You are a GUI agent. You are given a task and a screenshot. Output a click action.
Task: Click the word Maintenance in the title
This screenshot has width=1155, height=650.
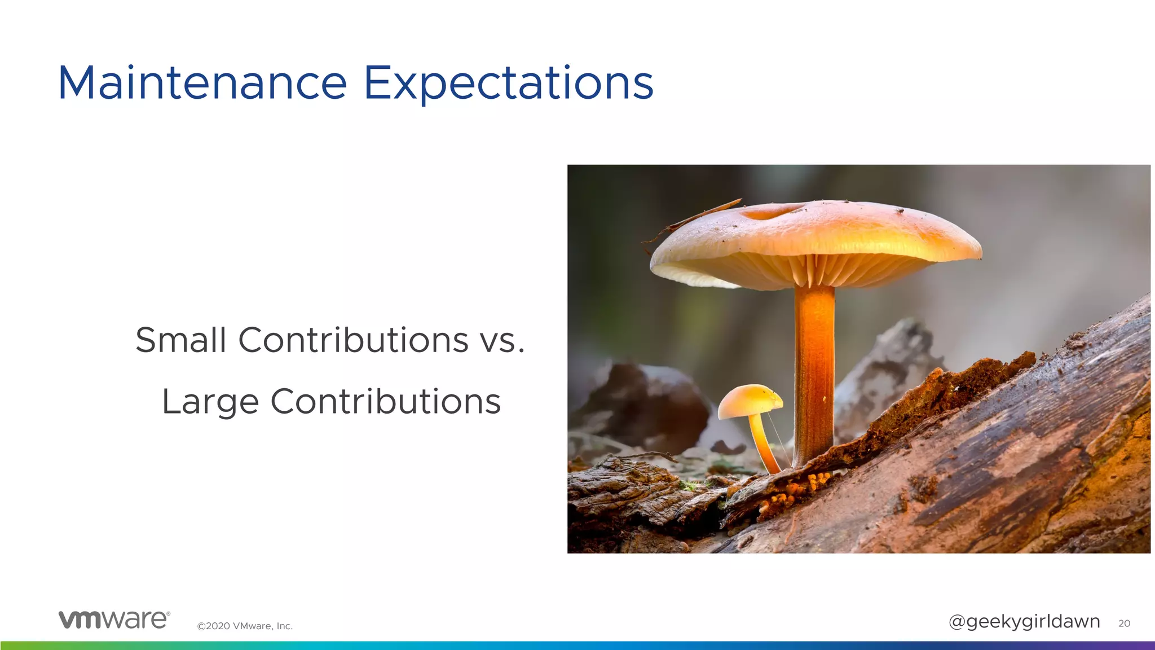pyautogui.click(x=202, y=84)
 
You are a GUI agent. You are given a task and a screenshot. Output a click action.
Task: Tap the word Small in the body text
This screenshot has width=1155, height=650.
pyautogui.click(x=180, y=340)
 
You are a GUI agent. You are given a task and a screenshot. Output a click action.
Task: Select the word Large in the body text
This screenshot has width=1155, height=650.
pyautogui.click(x=210, y=402)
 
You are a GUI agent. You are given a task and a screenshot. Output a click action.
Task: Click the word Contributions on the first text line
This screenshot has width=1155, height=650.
pyautogui.click(x=353, y=340)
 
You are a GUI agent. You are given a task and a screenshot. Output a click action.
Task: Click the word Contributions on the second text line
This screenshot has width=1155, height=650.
pyautogui.click(x=385, y=402)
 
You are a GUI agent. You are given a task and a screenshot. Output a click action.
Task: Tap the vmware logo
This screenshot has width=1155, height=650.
pyautogui.click(x=114, y=619)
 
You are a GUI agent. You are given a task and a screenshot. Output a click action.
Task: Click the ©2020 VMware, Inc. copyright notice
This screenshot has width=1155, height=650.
pyautogui.click(x=245, y=626)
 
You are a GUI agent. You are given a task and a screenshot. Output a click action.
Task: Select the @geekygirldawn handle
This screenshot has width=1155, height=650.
pyautogui.click(x=1024, y=621)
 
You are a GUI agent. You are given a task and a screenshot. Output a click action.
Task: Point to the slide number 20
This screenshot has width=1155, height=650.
pyautogui.click(x=1124, y=623)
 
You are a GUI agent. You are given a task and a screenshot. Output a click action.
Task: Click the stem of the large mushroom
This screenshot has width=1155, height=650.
pyautogui.click(x=814, y=372)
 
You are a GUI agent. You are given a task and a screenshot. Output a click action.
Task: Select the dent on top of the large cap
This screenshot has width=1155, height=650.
pyautogui.click(x=770, y=212)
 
